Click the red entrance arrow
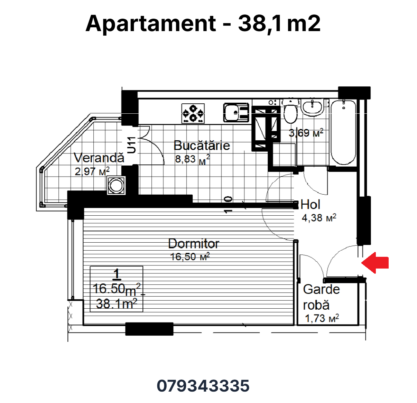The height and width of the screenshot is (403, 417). point(375,263)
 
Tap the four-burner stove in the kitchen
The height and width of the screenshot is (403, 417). point(193,113)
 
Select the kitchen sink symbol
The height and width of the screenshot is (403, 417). point(236,113)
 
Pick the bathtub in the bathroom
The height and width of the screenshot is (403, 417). point(343,132)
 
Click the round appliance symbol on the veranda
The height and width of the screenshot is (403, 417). point(116,186)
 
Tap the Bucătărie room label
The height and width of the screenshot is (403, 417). point(202,146)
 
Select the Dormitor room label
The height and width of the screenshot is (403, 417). point(194,244)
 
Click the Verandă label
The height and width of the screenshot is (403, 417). point(99,158)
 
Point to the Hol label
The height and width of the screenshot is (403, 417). point(310,204)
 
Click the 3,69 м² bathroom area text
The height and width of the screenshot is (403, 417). point(306,133)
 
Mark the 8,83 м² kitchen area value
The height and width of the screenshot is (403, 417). point(192,159)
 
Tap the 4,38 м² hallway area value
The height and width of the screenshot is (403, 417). point(319,218)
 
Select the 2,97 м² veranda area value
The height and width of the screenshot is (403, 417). point(92,171)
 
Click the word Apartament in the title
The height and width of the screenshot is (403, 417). point(151,24)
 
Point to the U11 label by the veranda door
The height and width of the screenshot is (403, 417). point(131,145)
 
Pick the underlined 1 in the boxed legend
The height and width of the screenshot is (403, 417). point(117,274)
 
